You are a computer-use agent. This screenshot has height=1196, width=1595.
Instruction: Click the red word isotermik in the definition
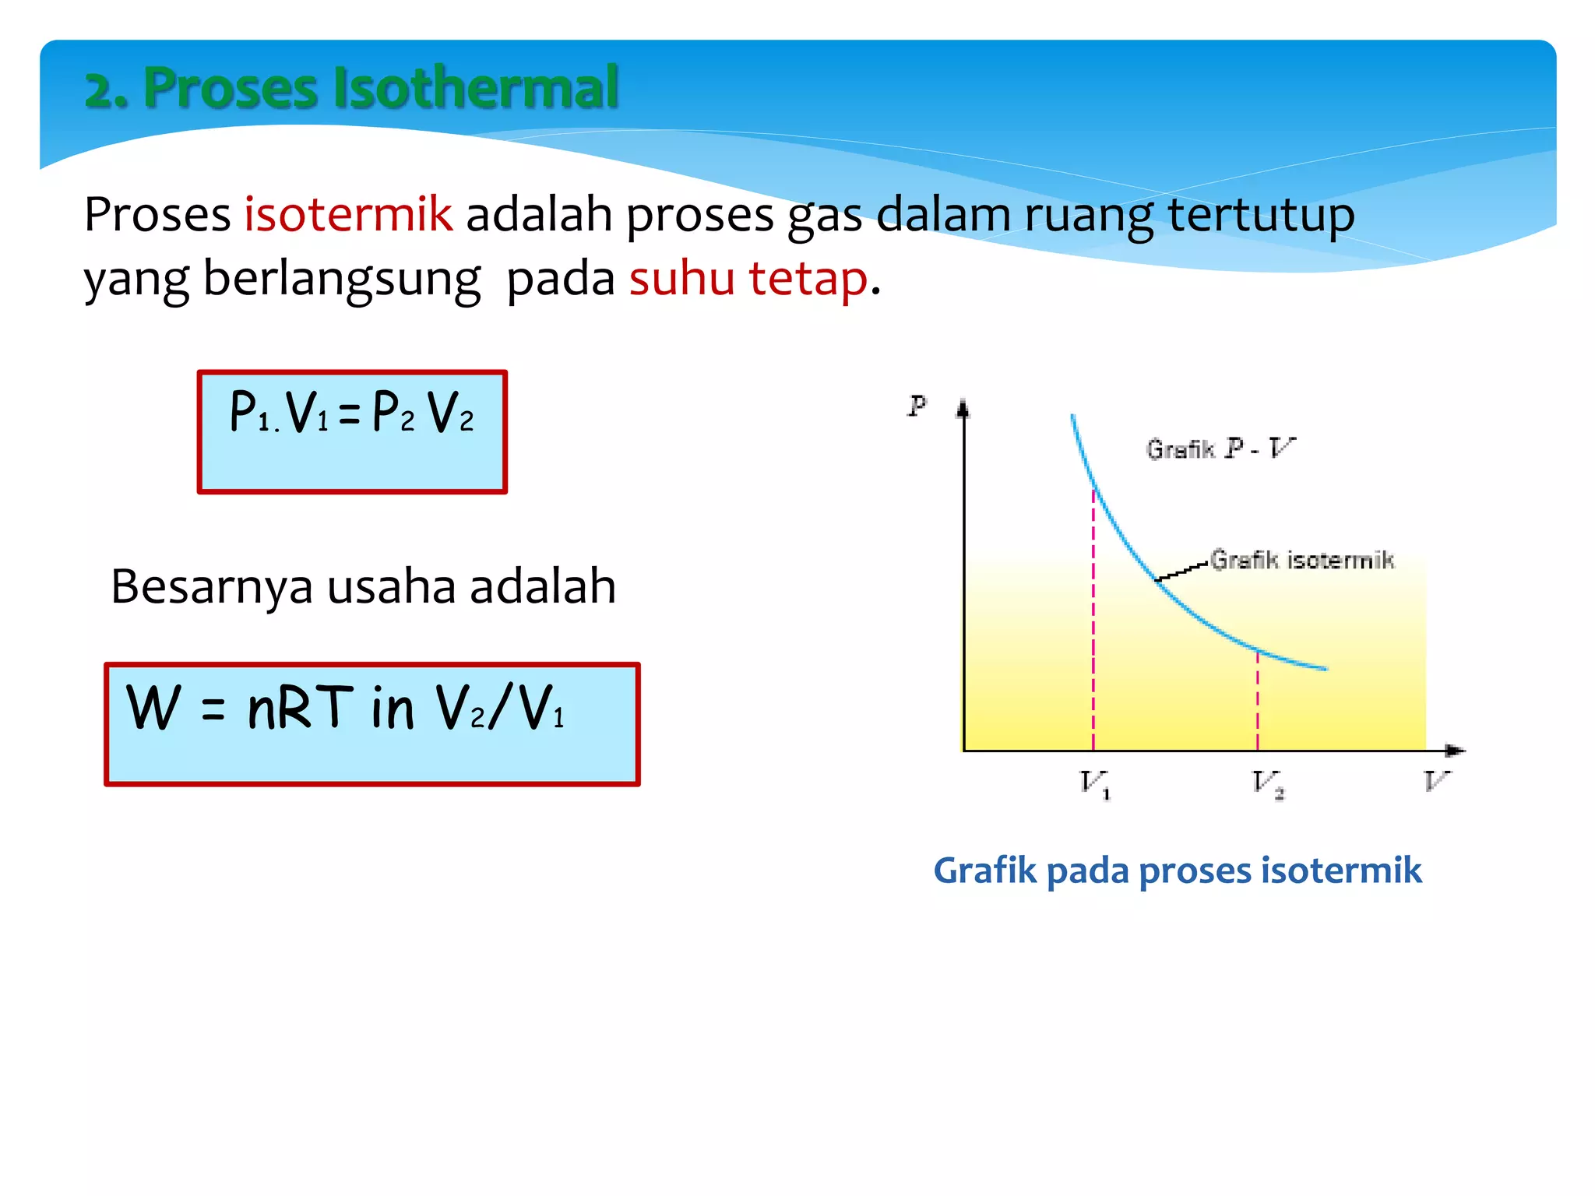[x=348, y=214]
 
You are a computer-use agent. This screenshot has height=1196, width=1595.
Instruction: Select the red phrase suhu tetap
[x=748, y=278]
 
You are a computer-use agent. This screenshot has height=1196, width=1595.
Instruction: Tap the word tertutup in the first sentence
[x=1261, y=214]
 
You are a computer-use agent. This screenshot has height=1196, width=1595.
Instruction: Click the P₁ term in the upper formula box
[x=251, y=412]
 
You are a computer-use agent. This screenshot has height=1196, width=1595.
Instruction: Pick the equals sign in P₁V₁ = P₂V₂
[x=350, y=413]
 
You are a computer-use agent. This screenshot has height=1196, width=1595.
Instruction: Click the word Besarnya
[x=211, y=586]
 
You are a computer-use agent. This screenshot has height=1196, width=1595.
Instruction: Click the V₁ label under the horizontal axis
[x=1094, y=783]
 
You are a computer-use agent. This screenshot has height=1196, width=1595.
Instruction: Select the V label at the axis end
[x=1436, y=779]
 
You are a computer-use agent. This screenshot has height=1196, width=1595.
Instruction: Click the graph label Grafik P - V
[x=1219, y=448]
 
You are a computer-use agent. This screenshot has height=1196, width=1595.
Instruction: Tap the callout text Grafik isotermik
[x=1301, y=560]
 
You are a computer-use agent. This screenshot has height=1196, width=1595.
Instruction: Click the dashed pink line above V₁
[x=1093, y=623]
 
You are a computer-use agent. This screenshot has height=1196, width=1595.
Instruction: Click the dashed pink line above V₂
[x=1258, y=701]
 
